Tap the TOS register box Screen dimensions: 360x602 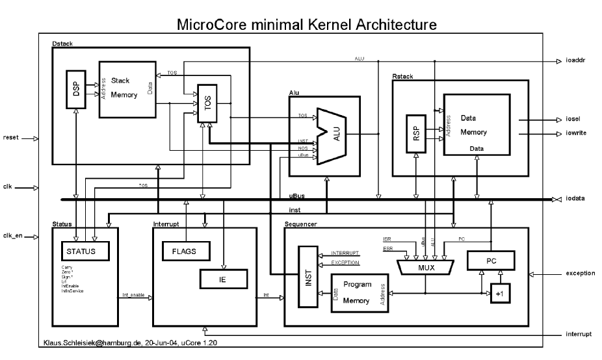coord(207,103)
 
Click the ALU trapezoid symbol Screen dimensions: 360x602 coord(332,136)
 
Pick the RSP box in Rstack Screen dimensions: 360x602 coord(415,134)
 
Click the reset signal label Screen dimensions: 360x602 coord(12,137)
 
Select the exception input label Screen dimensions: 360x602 coord(580,274)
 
